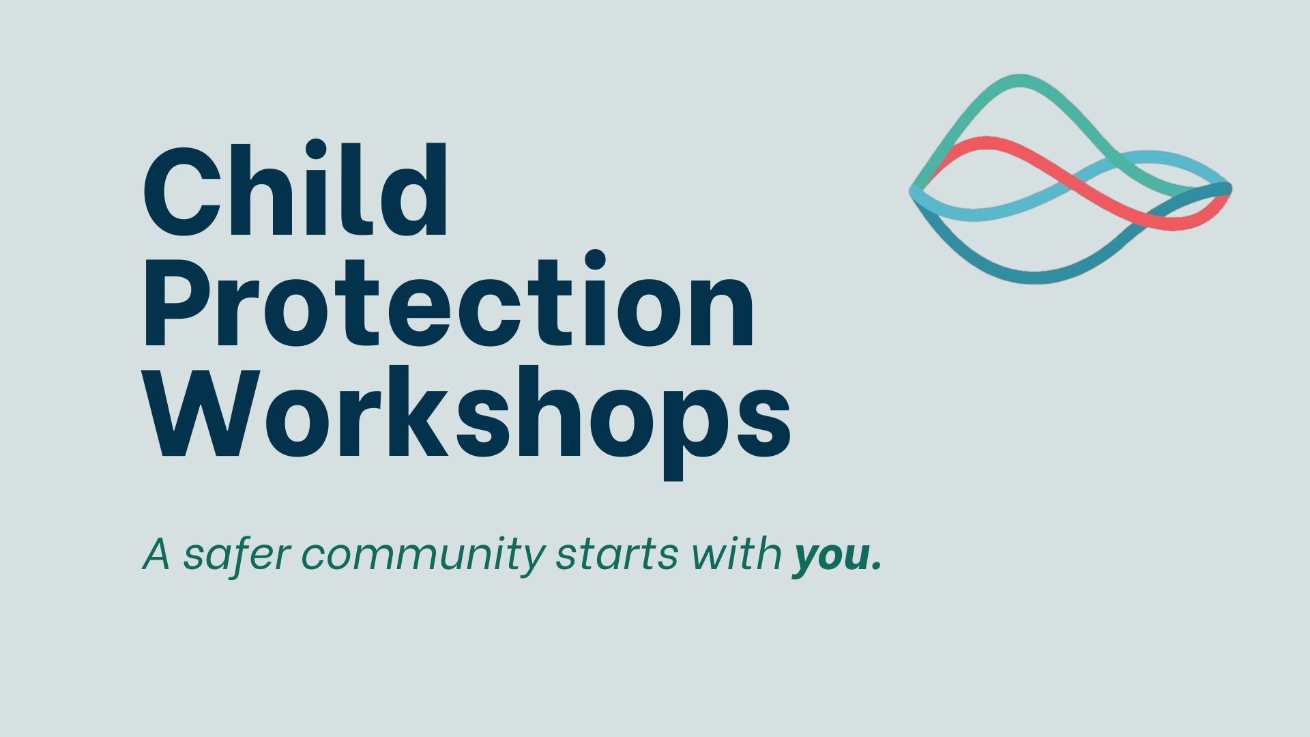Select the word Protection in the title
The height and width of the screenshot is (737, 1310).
click(448, 300)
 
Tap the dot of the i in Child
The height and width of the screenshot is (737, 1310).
click(315, 150)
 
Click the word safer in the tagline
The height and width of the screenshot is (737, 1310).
click(237, 553)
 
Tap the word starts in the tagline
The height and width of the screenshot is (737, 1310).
click(617, 555)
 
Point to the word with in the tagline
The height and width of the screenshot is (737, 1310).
click(736, 553)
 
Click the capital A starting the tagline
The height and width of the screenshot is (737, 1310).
click(156, 554)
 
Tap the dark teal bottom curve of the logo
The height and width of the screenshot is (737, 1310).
click(1035, 278)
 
